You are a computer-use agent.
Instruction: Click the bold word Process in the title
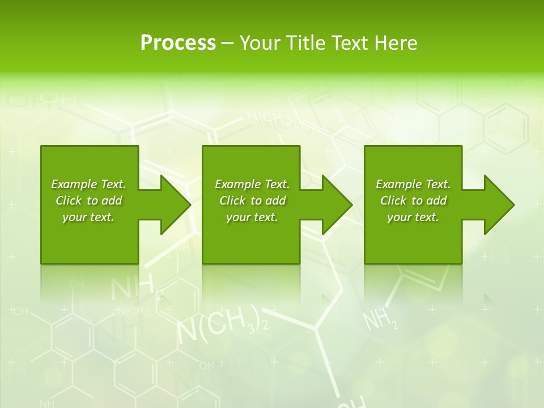178,42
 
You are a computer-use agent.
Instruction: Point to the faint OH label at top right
514,83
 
